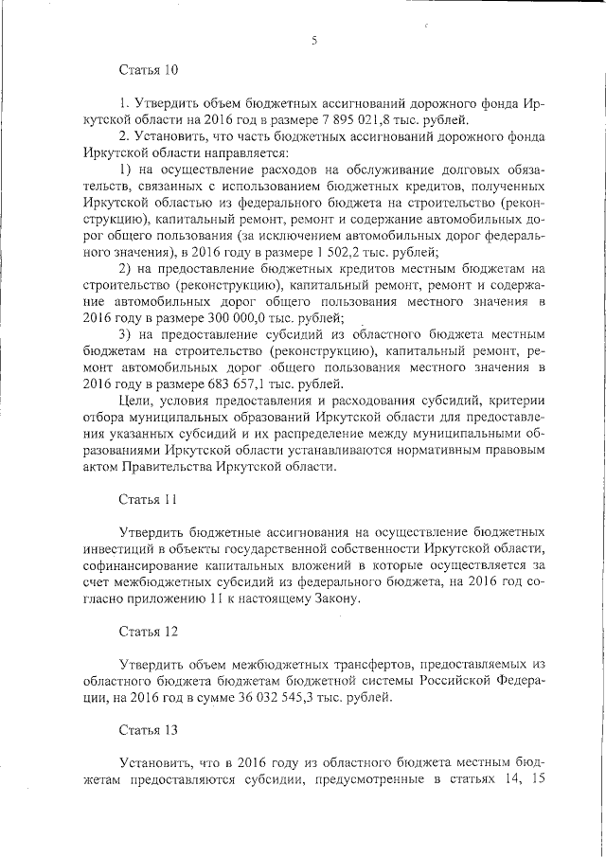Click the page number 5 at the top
pyautogui.click(x=312, y=38)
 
